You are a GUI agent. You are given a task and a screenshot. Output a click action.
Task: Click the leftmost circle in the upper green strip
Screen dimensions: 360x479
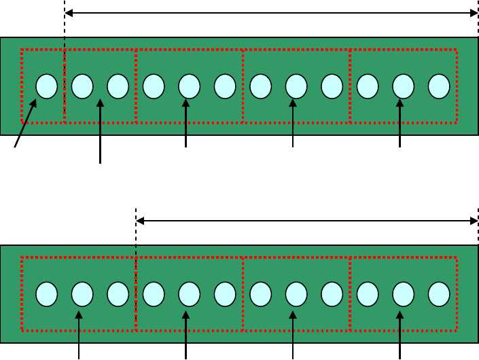point(46,86)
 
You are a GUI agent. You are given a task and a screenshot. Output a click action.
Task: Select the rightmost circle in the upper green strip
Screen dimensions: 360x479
point(439,86)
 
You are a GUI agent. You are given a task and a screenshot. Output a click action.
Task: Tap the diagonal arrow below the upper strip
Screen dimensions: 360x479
point(24,123)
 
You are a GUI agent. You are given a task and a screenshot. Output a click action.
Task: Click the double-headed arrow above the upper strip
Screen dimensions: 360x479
point(272,12)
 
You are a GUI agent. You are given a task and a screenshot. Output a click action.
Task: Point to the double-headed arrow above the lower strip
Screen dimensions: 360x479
point(307,221)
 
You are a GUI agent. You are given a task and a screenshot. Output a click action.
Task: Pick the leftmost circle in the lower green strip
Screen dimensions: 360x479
point(46,294)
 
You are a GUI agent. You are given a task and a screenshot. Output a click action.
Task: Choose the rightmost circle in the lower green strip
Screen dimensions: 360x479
point(439,294)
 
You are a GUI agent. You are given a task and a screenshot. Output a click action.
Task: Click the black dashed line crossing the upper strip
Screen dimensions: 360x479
point(65,68)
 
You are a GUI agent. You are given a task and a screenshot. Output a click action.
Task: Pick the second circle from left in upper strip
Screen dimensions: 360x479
point(82,86)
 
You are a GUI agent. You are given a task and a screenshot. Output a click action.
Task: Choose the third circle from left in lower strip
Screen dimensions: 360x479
point(118,294)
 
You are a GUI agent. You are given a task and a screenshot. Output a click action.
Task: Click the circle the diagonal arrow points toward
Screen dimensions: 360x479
point(46,86)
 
